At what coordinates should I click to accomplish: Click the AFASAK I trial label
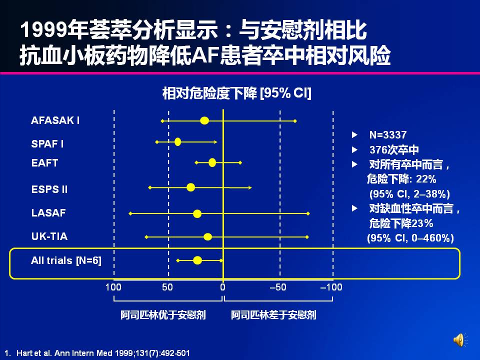pyautogui.click(x=55, y=120)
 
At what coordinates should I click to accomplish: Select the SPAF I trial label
pyautogui.click(x=47, y=144)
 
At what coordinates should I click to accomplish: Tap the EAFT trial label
pyautogui.click(x=44, y=163)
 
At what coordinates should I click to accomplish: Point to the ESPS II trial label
pyautogui.click(x=49, y=189)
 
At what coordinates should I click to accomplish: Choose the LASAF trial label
pyautogui.click(x=48, y=213)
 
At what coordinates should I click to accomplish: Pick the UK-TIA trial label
pyautogui.click(x=49, y=236)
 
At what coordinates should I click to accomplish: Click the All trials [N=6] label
pyautogui.click(x=66, y=260)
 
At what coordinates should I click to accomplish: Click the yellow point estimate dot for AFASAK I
pyautogui.click(x=204, y=120)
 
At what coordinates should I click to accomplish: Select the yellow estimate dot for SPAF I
pyautogui.click(x=178, y=142)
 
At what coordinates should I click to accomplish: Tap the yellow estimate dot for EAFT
pyautogui.click(x=212, y=162)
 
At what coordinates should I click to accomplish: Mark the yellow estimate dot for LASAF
pyautogui.click(x=197, y=213)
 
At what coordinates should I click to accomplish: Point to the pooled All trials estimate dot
pyautogui.click(x=197, y=260)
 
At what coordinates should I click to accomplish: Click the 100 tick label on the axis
pyautogui.click(x=113, y=287)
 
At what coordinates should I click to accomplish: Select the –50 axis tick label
pyautogui.click(x=278, y=287)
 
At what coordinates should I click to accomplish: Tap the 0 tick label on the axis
pyautogui.click(x=223, y=287)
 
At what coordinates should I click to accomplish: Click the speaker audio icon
pyautogui.click(x=459, y=340)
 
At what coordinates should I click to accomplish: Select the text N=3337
pyautogui.click(x=387, y=135)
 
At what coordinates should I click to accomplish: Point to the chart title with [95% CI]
pyautogui.click(x=236, y=93)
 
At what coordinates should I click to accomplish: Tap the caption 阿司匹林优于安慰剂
pyautogui.click(x=163, y=315)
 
